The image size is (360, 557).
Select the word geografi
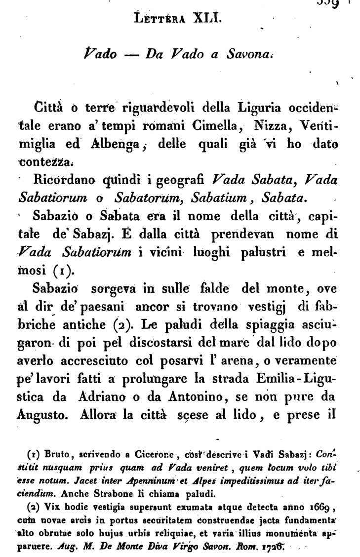[x=184, y=182]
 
